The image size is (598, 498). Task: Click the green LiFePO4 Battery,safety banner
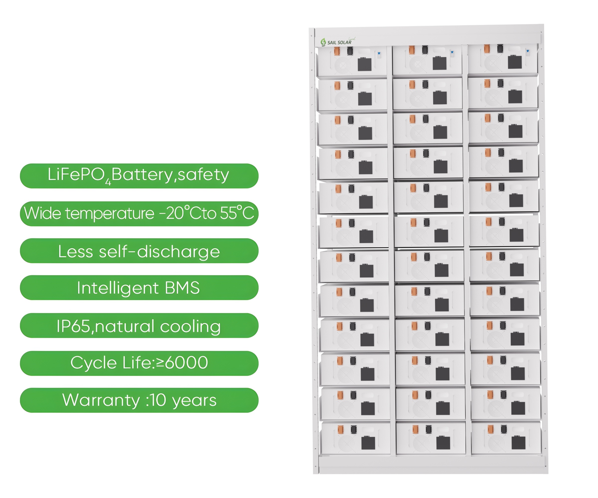point(139,176)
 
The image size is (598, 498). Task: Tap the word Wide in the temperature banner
point(42,213)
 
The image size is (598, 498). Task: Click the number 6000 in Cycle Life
point(187,363)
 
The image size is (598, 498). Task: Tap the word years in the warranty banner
point(195,401)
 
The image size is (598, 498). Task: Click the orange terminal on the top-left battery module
point(337,51)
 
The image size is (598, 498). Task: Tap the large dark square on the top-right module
point(515,62)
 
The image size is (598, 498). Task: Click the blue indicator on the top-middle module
point(452,52)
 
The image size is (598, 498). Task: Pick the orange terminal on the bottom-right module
point(490,429)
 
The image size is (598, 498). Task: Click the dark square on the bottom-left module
point(368,443)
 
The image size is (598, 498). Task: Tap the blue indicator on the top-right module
point(528,51)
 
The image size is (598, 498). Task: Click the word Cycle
point(93,363)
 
